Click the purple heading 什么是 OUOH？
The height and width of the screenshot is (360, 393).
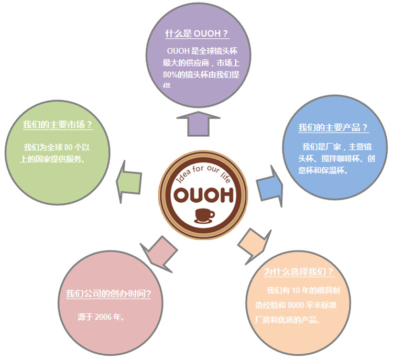[197, 34]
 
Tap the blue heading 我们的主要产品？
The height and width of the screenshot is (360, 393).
[333, 128]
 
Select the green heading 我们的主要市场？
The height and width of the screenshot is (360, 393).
[58, 125]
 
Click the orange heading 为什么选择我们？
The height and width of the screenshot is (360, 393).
[298, 272]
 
